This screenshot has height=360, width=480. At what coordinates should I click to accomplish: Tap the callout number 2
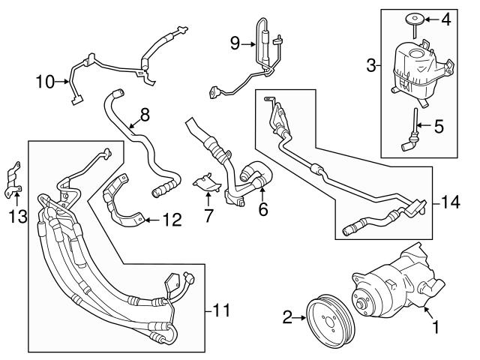click(x=286, y=318)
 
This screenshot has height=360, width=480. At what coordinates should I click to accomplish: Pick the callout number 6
click(x=263, y=211)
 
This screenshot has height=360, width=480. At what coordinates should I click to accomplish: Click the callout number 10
click(x=44, y=80)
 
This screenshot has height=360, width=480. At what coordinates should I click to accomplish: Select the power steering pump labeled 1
click(x=394, y=289)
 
